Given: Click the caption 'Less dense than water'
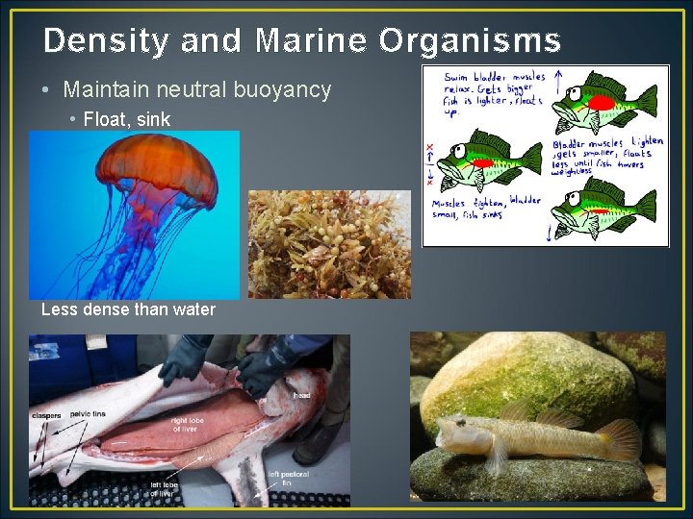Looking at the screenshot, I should click(x=128, y=309).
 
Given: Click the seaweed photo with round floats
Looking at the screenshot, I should click(x=329, y=244).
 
